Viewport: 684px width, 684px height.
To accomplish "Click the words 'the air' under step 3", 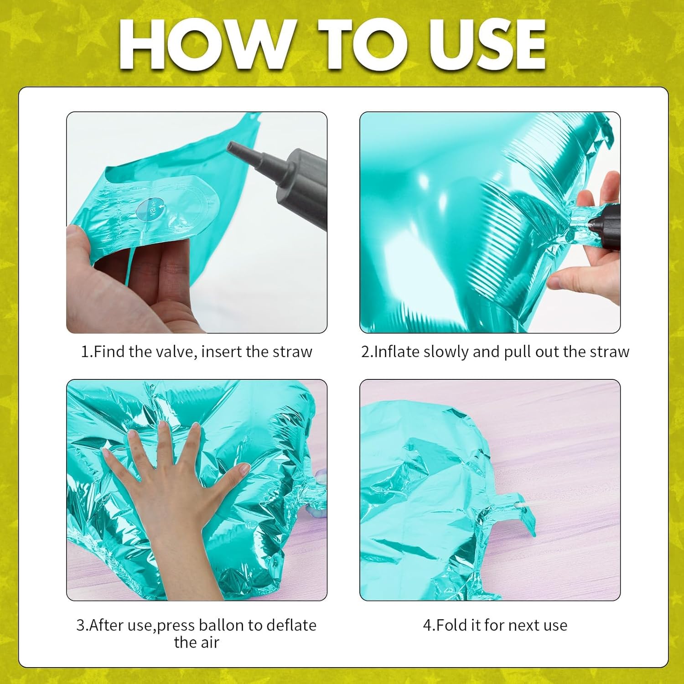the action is tap(197, 643).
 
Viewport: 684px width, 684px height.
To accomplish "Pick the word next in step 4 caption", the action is tap(524, 626).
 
